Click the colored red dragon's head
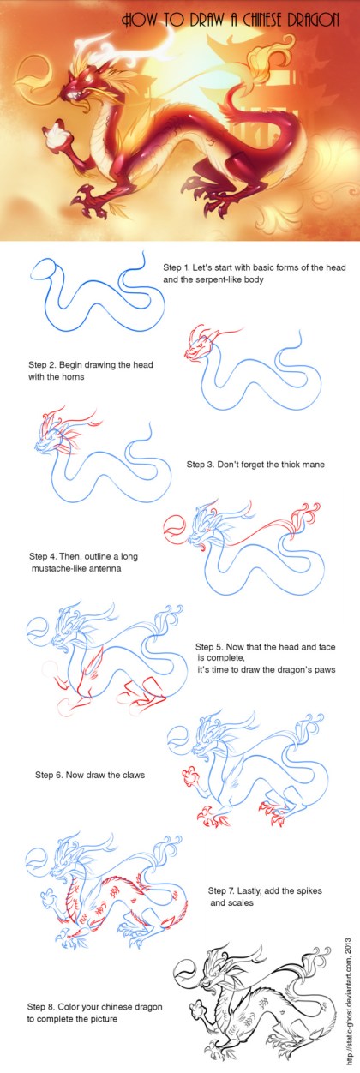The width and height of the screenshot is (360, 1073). click(x=76, y=87)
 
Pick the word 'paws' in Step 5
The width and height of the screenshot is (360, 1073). click(x=326, y=669)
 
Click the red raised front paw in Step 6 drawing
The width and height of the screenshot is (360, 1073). click(x=191, y=775)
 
